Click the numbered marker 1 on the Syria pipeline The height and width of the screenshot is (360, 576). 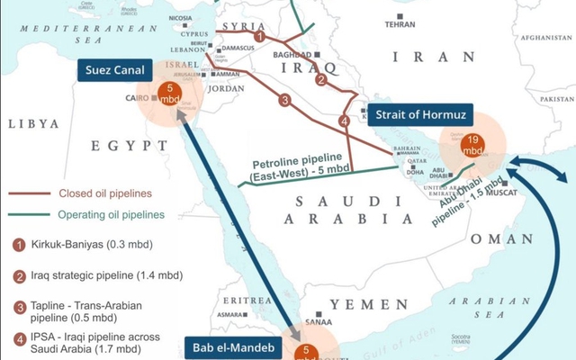pos(259,36)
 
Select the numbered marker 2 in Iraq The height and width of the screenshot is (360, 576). pos(320,79)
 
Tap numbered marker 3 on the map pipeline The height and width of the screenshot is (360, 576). pos(284,100)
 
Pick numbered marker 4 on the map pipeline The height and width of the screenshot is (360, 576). pos(343,121)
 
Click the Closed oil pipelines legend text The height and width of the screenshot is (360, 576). pos(100,192)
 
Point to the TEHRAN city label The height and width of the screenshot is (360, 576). pos(400,24)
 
